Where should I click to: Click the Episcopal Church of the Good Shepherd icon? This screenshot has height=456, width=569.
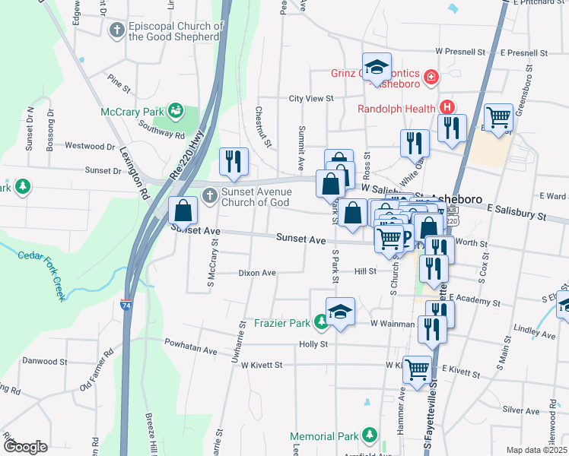[x=116, y=30]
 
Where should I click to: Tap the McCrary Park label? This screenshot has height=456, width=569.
[x=133, y=112]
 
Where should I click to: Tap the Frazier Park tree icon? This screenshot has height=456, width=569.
[x=322, y=323]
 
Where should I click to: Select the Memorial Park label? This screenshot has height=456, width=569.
[x=323, y=436]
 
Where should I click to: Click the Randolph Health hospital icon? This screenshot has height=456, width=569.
[x=447, y=107]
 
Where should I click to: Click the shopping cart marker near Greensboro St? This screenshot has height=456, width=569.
[x=498, y=117]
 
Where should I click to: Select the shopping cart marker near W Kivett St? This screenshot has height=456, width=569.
[x=417, y=370]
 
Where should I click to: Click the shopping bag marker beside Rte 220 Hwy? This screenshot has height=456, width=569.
[x=183, y=209]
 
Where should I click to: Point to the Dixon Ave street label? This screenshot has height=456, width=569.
[x=257, y=272]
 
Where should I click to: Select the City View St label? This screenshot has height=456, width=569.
[x=311, y=98]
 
